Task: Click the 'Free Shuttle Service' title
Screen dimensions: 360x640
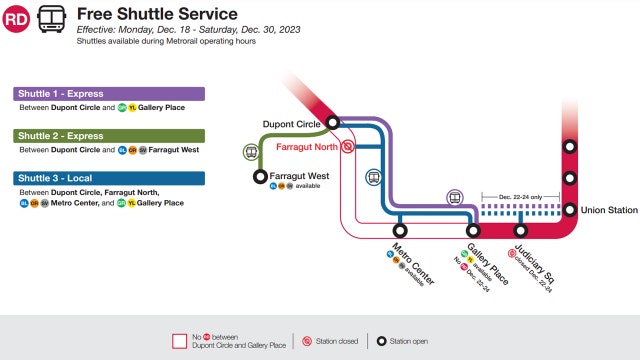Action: pyautogui.click(x=157, y=14)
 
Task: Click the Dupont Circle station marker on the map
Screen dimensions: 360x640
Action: pyautogui.click(x=333, y=123)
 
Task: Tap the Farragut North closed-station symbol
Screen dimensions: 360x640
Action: pyautogui.click(x=347, y=146)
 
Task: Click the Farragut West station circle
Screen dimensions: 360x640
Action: pyautogui.click(x=262, y=177)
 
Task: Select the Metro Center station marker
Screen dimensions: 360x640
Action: pyautogui.click(x=401, y=232)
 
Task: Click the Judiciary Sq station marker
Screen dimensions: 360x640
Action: pyautogui.click(x=520, y=232)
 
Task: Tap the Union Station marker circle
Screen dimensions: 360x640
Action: pyautogui.click(x=570, y=210)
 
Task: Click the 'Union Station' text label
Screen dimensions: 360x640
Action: pyautogui.click(x=609, y=210)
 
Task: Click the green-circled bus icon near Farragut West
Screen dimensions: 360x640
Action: pyautogui.click(x=250, y=153)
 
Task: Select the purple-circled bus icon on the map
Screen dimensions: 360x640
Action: pyautogui.click(x=455, y=197)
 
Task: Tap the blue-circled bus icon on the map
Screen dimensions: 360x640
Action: pyautogui.click(x=373, y=178)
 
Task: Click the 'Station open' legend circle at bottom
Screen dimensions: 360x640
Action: pyautogui.click(x=380, y=340)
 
